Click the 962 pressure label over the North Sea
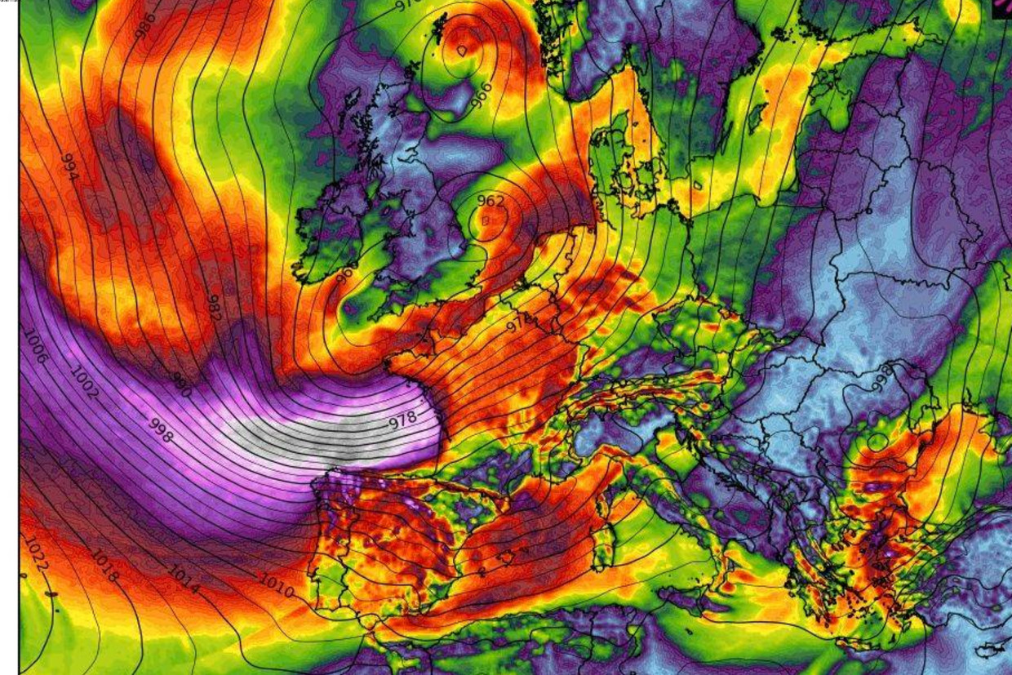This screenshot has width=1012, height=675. pos(490,201)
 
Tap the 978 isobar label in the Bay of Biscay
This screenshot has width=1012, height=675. pos(402,421)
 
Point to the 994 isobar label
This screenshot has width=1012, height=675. pos(69,167)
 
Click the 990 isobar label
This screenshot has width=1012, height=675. pos(181,384)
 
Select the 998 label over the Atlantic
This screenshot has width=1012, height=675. pos(161,430)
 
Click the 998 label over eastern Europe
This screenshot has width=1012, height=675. pos(881,377)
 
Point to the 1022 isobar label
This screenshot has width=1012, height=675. pos(36,553)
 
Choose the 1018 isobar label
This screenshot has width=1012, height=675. pos(104,566)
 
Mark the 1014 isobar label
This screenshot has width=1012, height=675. pos(184,576)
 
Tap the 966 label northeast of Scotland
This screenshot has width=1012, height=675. pos(482,95)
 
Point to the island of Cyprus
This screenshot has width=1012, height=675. pos(992,651)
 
